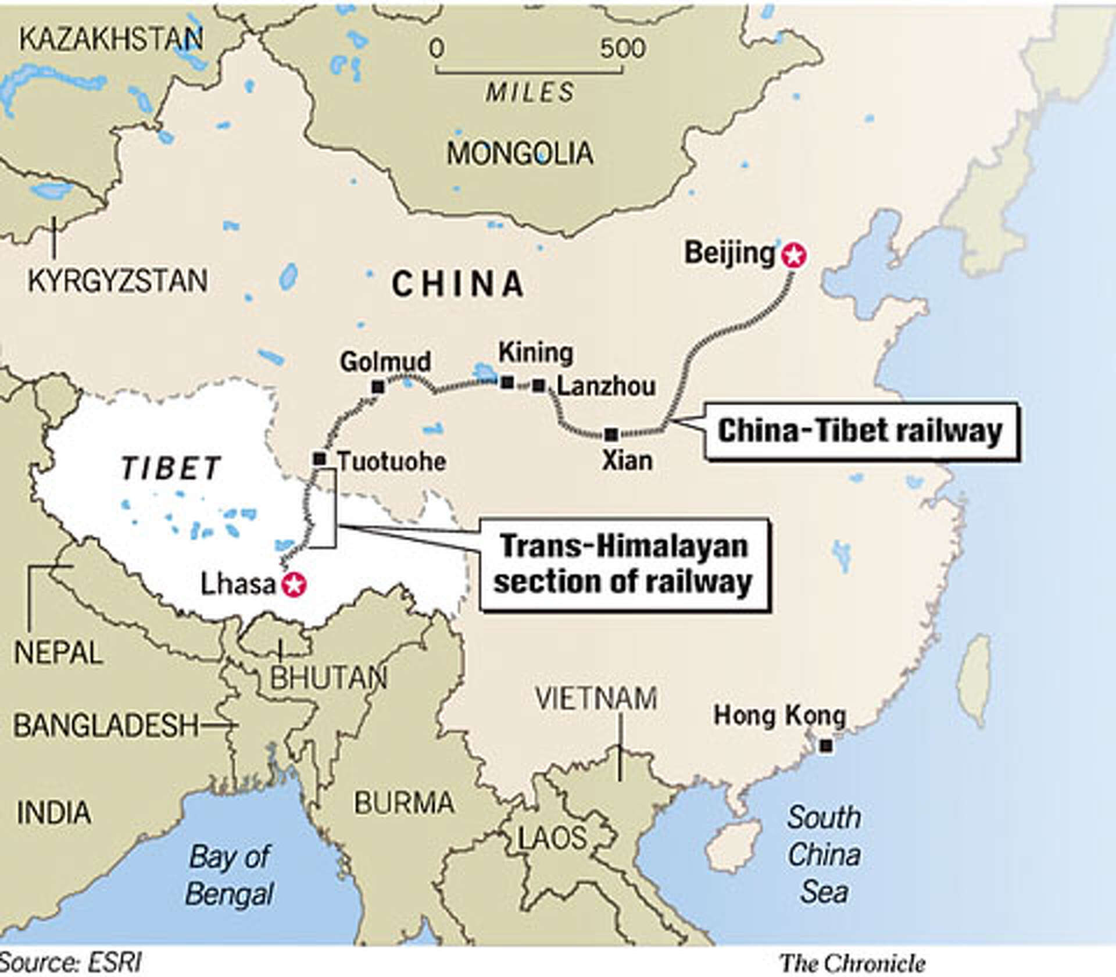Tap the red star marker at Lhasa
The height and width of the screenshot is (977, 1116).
tap(294, 584)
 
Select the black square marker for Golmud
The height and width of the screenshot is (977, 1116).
tap(378, 387)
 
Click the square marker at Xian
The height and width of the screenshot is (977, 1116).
tap(611, 434)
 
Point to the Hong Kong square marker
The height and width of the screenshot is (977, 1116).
tap(825, 746)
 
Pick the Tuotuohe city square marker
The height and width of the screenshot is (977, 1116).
tap(320, 459)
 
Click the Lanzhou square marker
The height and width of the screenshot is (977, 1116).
tap(539, 385)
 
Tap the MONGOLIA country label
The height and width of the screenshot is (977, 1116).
tap(520, 154)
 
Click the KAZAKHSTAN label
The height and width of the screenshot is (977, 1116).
tap(111, 39)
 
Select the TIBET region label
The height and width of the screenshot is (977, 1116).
tap(171, 468)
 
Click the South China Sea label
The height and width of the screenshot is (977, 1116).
tap(824, 854)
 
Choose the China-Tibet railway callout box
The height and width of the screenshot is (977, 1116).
tap(861, 431)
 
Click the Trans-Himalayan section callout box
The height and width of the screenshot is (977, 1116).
tap(624, 564)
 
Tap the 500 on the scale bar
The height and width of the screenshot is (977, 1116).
tap(623, 48)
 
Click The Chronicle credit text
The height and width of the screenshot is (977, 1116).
tap(853, 963)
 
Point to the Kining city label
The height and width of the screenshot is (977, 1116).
tap(535, 352)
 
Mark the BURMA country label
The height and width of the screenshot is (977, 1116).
tap(404, 803)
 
